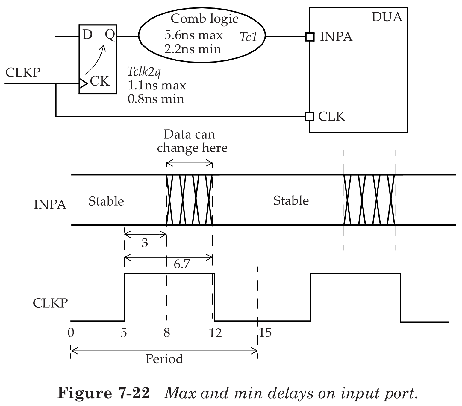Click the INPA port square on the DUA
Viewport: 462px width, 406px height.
coord(310,37)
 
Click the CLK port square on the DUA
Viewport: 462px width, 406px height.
coord(309,116)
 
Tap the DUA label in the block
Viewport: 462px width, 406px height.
coord(387,17)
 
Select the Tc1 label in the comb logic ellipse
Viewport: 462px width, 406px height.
coord(249,37)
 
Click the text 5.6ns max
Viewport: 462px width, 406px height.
coord(193,35)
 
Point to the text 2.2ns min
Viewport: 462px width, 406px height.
coord(193,49)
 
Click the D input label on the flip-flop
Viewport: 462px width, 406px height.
coord(87,35)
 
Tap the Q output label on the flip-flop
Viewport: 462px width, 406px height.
coord(109,35)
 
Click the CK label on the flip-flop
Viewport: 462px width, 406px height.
coord(100,81)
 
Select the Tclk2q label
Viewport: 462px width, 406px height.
coord(144,72)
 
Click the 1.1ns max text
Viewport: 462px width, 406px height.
coord(157,86)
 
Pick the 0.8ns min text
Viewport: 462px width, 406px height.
coord(156,99)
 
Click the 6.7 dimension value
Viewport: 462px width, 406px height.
coord(182,264)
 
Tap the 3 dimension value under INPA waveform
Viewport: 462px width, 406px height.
coord(145,243)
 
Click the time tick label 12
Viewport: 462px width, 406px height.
coord(215,333)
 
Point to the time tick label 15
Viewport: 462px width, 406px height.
coord(265,332)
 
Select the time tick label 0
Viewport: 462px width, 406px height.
coord(71,333)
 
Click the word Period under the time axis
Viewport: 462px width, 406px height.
coord(164,359)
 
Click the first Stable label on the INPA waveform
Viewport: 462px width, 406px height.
coord(106,201)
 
